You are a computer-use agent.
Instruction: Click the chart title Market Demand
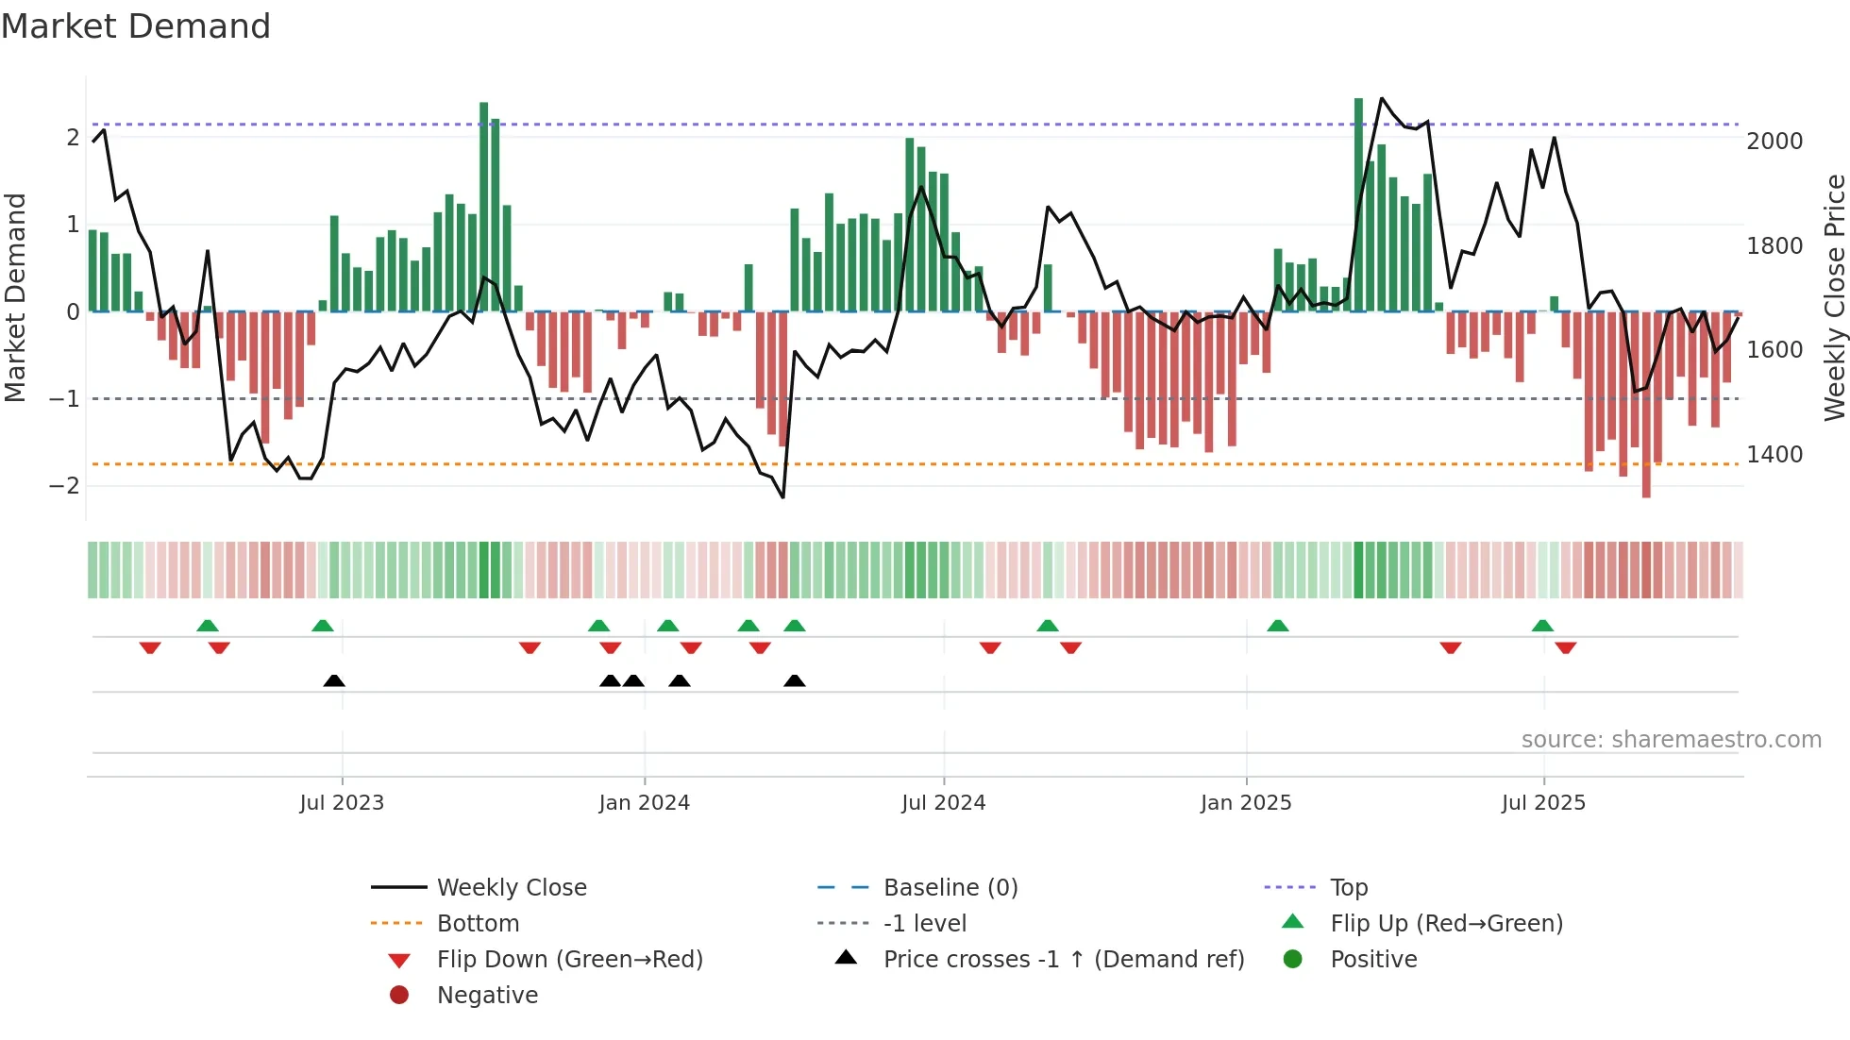click(136, 26)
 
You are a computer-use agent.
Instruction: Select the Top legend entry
click(1348, 888)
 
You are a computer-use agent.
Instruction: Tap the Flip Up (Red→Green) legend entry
click(1446, 924)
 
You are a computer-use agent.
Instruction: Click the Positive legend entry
click(1373, 960)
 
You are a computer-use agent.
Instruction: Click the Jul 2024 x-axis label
click(943, 803)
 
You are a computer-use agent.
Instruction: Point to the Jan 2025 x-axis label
click(1245, 803)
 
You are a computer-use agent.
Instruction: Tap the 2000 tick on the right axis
click(1774, 142)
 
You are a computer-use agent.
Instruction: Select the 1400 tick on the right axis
click(1774, 455)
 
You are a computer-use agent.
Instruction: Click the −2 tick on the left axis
click(64, 486)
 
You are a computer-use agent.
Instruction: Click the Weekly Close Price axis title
click(1834, 297)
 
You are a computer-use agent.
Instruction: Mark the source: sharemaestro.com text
click(1671, 740)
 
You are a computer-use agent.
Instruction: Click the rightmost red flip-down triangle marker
click(1566, 648)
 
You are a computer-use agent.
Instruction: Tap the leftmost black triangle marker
click(334, 680)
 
